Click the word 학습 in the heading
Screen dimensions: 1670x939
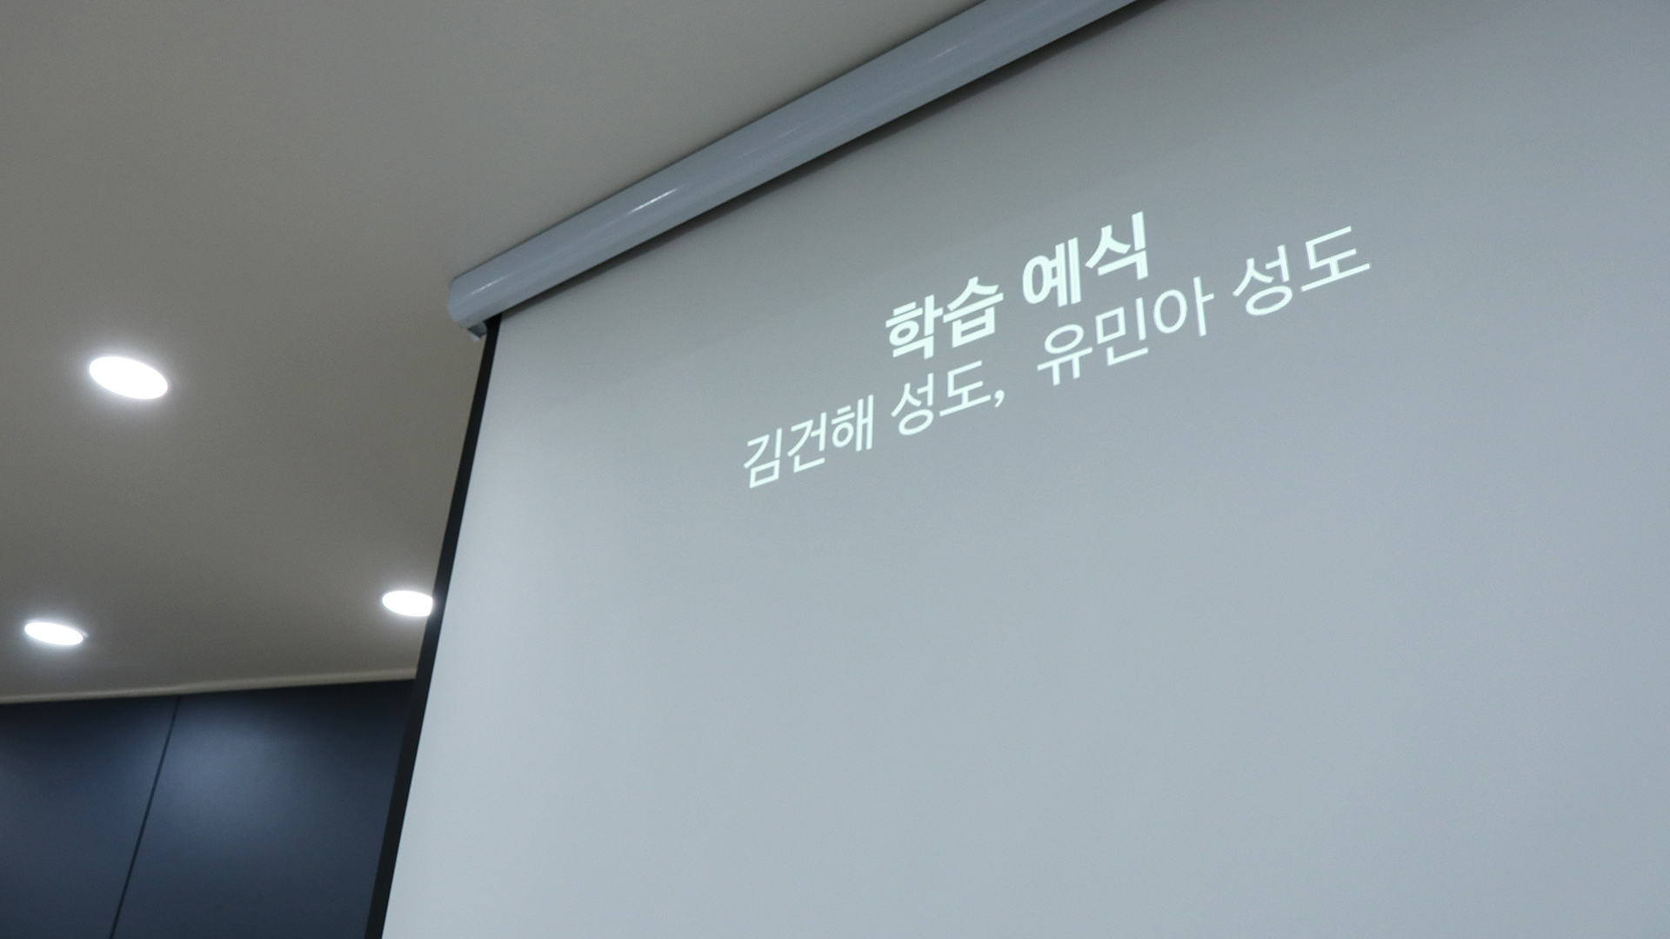[x=943, y=317]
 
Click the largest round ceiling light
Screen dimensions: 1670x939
[x=128, y=377]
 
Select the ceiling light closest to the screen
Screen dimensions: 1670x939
[x=407, y=603]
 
